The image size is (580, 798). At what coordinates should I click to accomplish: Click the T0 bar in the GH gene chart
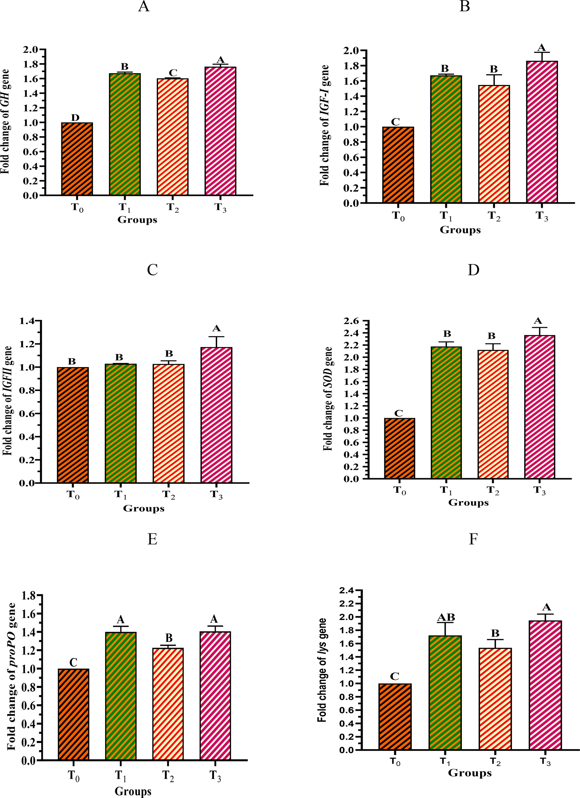(x=77, y=159)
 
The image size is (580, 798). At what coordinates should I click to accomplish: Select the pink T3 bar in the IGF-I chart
(x=542, y=132)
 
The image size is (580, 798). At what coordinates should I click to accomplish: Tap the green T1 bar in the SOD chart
(x=446, y=412)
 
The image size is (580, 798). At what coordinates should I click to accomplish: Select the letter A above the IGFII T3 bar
(x=216, y=329)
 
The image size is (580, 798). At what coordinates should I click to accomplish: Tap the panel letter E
(x=152, y=539)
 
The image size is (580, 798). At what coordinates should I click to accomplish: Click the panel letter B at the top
(x=464, y=6)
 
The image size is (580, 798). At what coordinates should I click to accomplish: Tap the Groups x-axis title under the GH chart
(x=137, y=220)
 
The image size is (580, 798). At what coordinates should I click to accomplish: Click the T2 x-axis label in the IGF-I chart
(x=494, y=216)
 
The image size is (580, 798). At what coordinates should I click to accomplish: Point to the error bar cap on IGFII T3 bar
(x=216, y=337)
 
